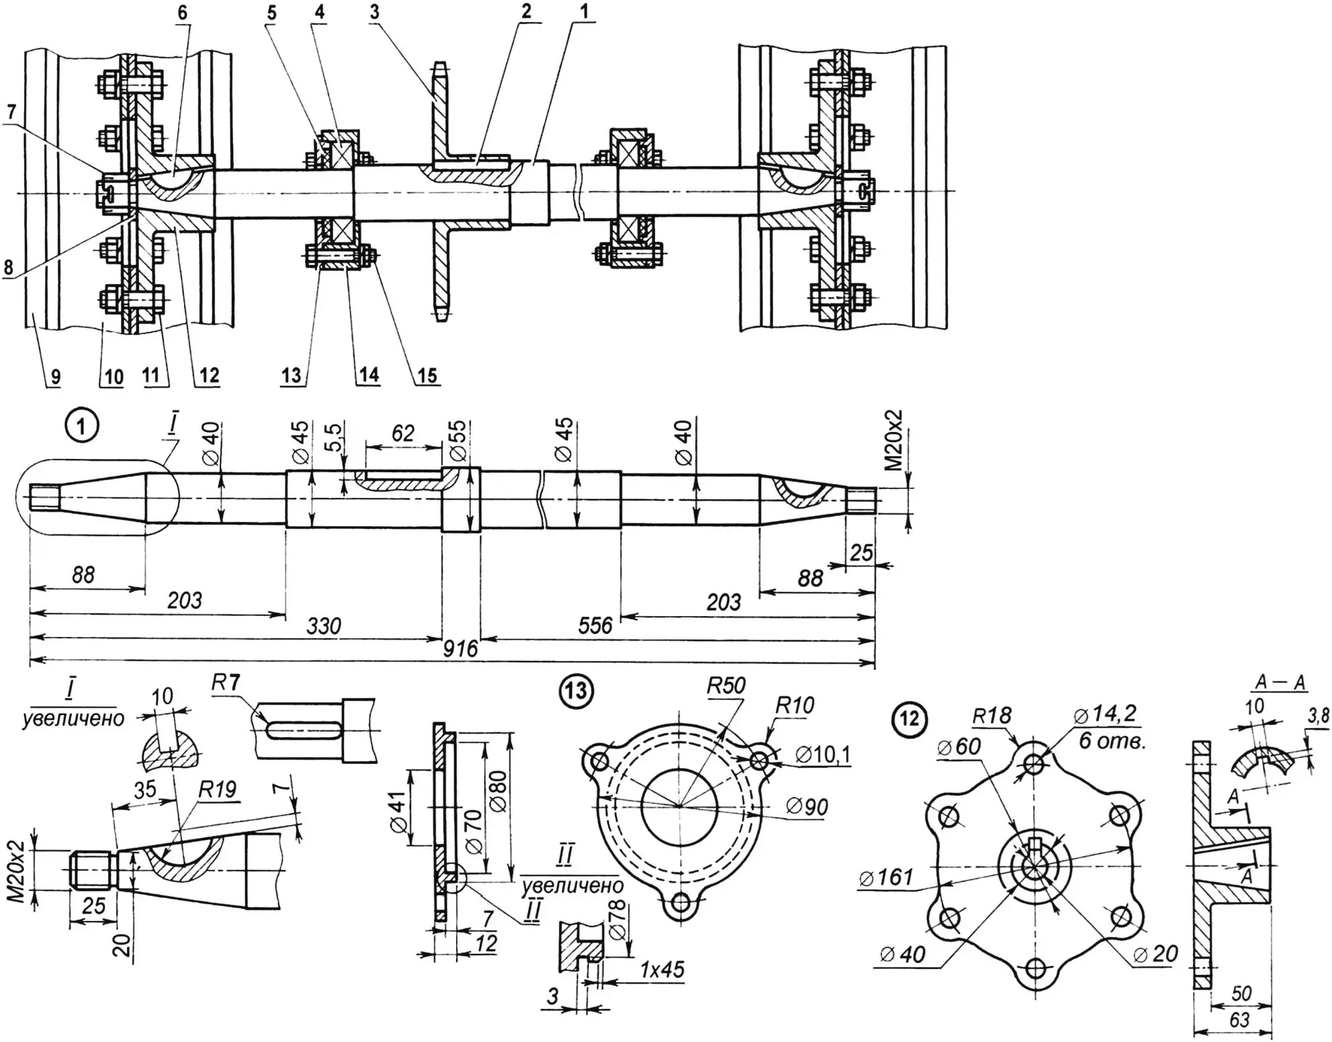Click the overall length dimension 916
tap(460, 649)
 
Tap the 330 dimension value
tap(324, 626)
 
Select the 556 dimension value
tap(595, 626)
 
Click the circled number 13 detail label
tap(576, 692)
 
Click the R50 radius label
tap(726, 686)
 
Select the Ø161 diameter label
tap(886, 877)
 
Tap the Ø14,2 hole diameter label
tap(1106, 713)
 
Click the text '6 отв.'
tap(1112, 742)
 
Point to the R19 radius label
tap(217, 789)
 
